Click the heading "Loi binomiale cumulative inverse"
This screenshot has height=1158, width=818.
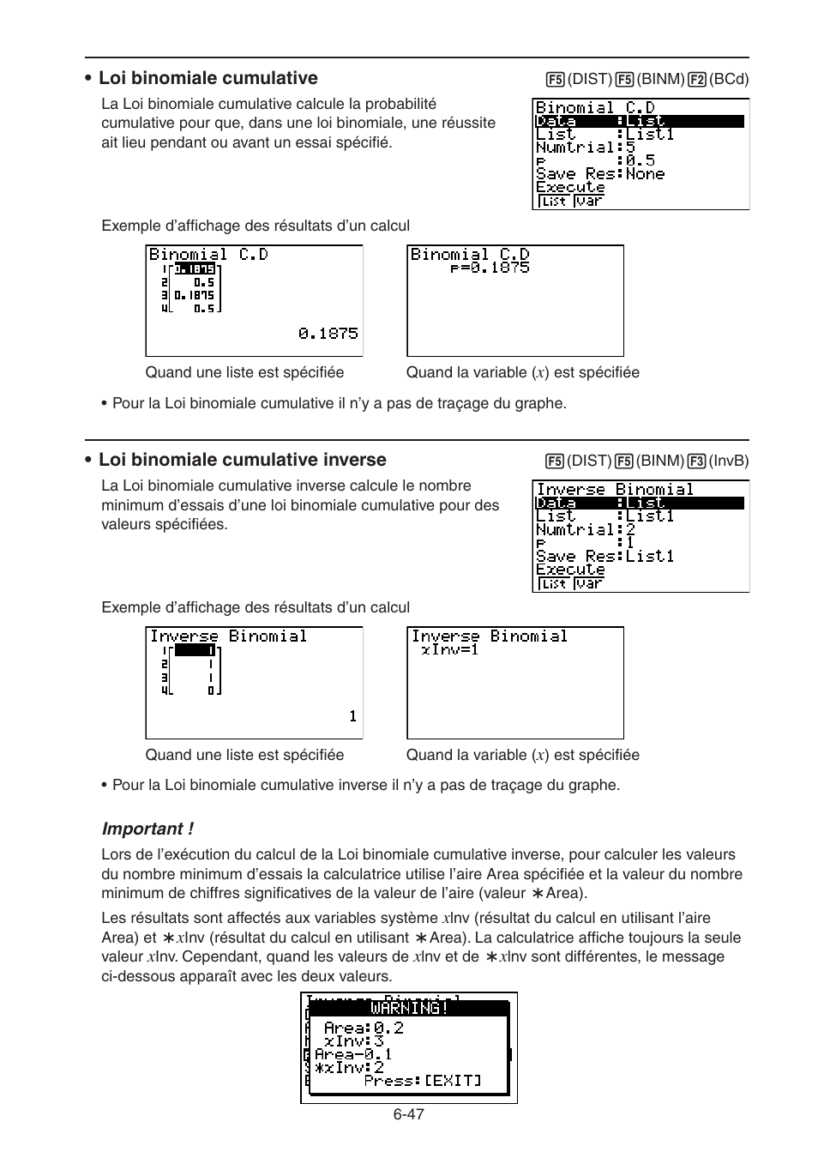pos(242,460)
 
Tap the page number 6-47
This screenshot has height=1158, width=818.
pos(409,1114)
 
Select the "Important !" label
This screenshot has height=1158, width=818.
pos(147,829)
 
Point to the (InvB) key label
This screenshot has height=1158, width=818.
pos(729,461)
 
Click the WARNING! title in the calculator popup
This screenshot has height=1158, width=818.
pos(409,1008)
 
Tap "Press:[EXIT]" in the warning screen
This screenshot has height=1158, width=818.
pos(422,1081)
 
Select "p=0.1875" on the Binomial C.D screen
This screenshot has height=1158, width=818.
pos(490,268)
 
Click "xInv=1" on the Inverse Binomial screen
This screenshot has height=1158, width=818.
pos(450,649)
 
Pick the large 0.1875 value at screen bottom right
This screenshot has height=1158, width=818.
pos(328,333)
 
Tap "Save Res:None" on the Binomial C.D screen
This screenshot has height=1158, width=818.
pos(600,173)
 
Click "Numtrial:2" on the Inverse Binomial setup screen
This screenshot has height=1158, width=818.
pos(586,529)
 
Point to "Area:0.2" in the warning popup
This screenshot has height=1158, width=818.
pos(364,1028)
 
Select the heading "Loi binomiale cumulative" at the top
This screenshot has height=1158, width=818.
pos(208,78)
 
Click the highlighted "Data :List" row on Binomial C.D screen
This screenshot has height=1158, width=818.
pos(640,121)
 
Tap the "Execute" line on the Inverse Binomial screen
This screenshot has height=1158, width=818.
pos(570,569)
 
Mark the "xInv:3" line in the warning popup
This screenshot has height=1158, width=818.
pos(354,1041)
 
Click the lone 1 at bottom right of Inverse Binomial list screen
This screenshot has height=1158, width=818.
pos(352,715)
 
